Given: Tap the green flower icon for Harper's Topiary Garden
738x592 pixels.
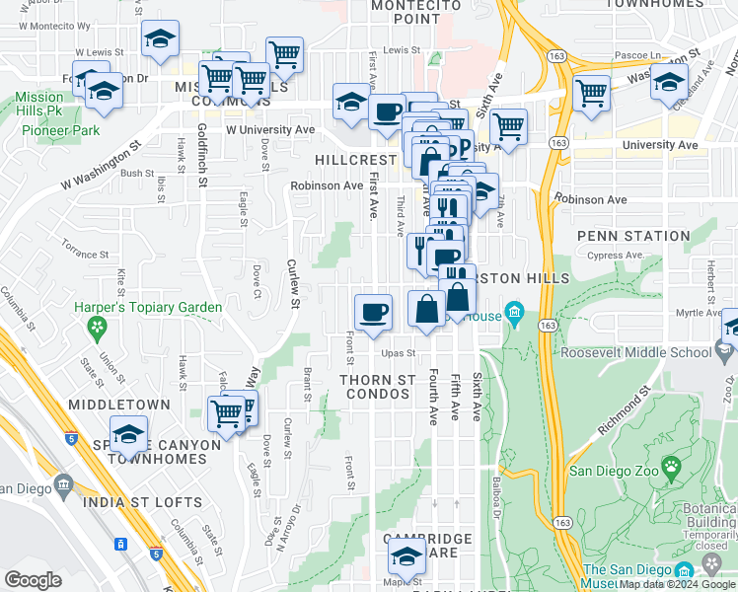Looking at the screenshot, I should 97,327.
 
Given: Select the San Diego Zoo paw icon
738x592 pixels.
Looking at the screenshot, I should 671,466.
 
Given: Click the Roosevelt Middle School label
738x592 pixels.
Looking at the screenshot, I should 635,351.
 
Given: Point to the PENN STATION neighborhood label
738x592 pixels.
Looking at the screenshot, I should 632,236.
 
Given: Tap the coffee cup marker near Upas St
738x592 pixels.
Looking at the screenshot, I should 373,313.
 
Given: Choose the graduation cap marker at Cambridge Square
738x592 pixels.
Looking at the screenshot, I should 406,558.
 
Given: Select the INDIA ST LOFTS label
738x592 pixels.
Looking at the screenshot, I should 142,502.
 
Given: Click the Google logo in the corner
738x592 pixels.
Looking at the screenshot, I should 33,580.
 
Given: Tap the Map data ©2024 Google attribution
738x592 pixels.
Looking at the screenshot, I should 677,584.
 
